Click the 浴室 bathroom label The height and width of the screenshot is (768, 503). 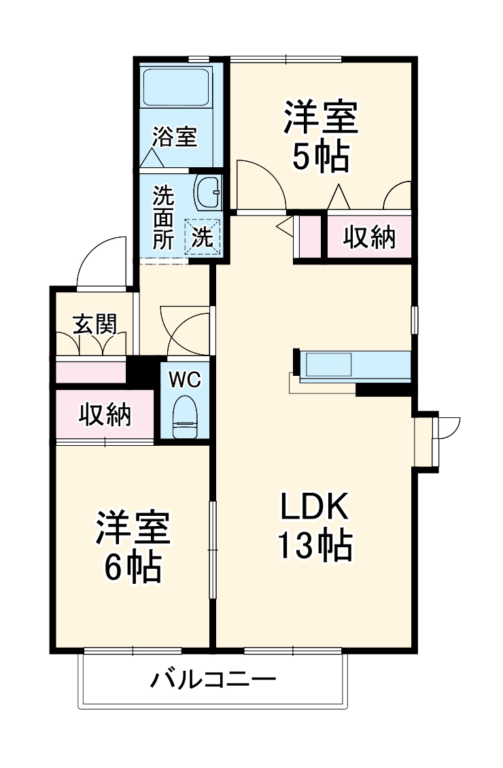[174, 137]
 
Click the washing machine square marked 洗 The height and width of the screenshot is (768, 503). [204, 237]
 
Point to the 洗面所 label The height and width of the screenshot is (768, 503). [162, 218]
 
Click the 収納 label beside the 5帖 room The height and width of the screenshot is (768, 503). [368, 237]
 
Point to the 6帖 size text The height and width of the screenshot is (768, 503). [132, 568]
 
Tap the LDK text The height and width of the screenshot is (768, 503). [314, 507]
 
